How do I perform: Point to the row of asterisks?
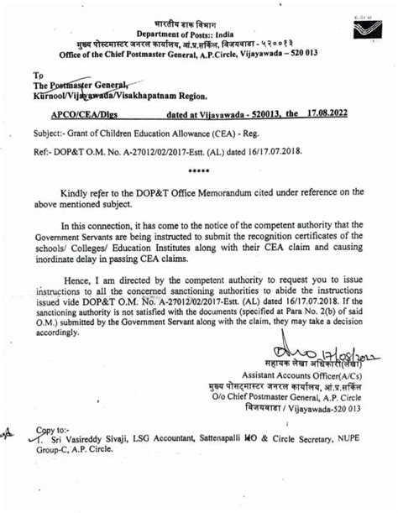(x=199, y=172)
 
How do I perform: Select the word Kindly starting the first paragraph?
(x=77, y=191)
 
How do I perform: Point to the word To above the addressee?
(x=37, y=75)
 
